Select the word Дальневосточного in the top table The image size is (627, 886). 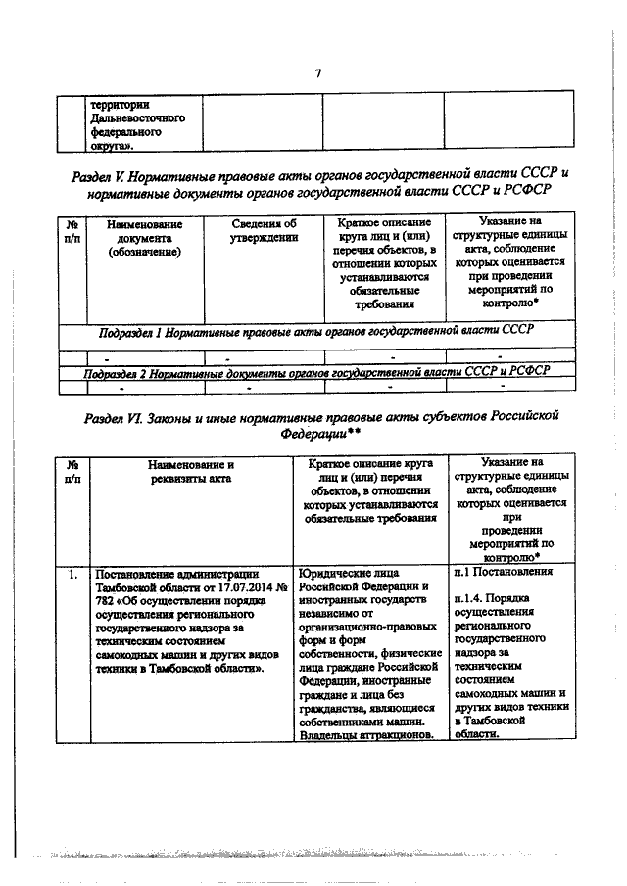coord(129,116)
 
